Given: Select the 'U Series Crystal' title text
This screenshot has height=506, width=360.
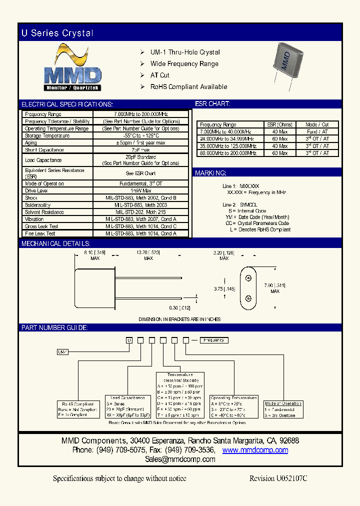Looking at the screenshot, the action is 57,33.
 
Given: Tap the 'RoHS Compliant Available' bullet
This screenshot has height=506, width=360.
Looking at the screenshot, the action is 188,86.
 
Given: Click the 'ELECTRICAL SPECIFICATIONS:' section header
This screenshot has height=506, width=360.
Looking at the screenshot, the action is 67,104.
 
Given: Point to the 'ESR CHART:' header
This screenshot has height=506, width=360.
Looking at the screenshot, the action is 212,104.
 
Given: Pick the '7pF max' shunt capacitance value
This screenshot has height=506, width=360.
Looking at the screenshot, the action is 140,150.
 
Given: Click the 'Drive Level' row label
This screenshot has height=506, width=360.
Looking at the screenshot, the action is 36,190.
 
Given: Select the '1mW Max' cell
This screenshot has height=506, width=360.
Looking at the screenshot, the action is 140,190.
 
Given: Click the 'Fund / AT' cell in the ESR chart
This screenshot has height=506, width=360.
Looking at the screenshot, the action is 317,132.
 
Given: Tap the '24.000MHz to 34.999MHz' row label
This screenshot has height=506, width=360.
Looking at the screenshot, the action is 227,139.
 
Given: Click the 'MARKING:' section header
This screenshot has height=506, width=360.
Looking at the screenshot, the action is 210,173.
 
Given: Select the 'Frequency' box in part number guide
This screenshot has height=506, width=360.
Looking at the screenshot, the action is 214,340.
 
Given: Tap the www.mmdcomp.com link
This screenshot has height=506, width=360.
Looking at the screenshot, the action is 255,450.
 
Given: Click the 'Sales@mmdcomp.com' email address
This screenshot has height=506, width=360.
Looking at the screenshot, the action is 179,459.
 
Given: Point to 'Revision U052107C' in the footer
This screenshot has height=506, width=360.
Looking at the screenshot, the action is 278,478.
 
